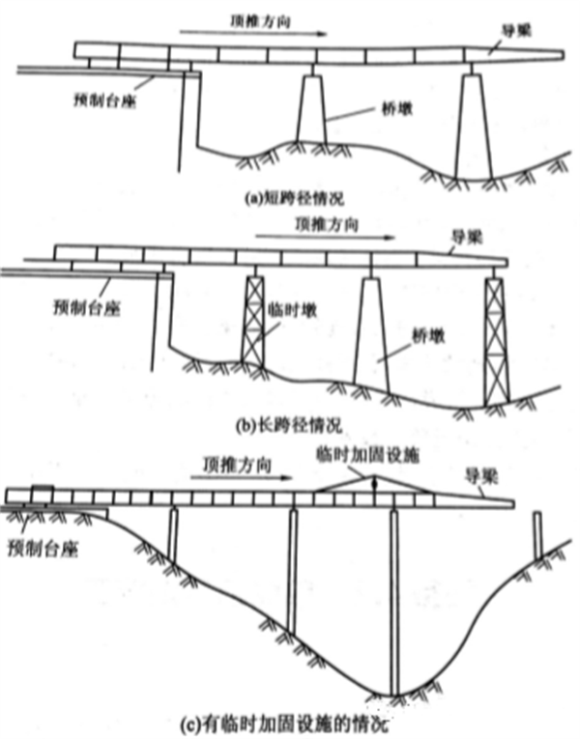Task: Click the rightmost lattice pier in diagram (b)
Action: pyautogui.click(x=497, y=338)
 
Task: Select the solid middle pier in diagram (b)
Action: pyautogui.click(x=370, y=333)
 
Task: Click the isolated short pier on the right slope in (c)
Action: pyautogui.click(x=537, y=535)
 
